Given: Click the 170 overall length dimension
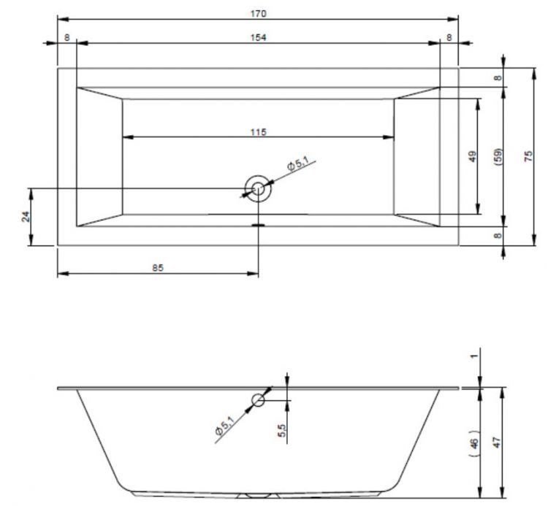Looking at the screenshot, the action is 258,14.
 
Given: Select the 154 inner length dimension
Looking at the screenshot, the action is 258,37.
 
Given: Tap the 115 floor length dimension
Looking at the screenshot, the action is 258,132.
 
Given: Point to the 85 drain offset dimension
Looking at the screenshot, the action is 158,268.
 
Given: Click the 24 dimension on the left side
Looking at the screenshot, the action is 26,217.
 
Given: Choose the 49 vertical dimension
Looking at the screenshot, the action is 473,156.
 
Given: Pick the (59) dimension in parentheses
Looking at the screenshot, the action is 499,156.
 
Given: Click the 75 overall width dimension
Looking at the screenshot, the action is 529,156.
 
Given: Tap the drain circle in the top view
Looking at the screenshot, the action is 258,189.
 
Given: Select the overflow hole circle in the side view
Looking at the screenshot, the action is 258,400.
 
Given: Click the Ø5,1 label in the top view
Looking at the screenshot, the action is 298,164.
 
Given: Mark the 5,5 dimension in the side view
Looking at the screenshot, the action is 282,430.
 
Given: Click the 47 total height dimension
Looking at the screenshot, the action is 497,442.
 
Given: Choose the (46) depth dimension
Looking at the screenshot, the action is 474,443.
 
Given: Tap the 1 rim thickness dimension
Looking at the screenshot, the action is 474,356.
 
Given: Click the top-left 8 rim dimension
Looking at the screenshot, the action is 67,37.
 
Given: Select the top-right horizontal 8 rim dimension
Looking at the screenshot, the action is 449,37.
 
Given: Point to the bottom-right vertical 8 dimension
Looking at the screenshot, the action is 498,235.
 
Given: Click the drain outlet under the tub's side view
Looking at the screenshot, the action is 258,496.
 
